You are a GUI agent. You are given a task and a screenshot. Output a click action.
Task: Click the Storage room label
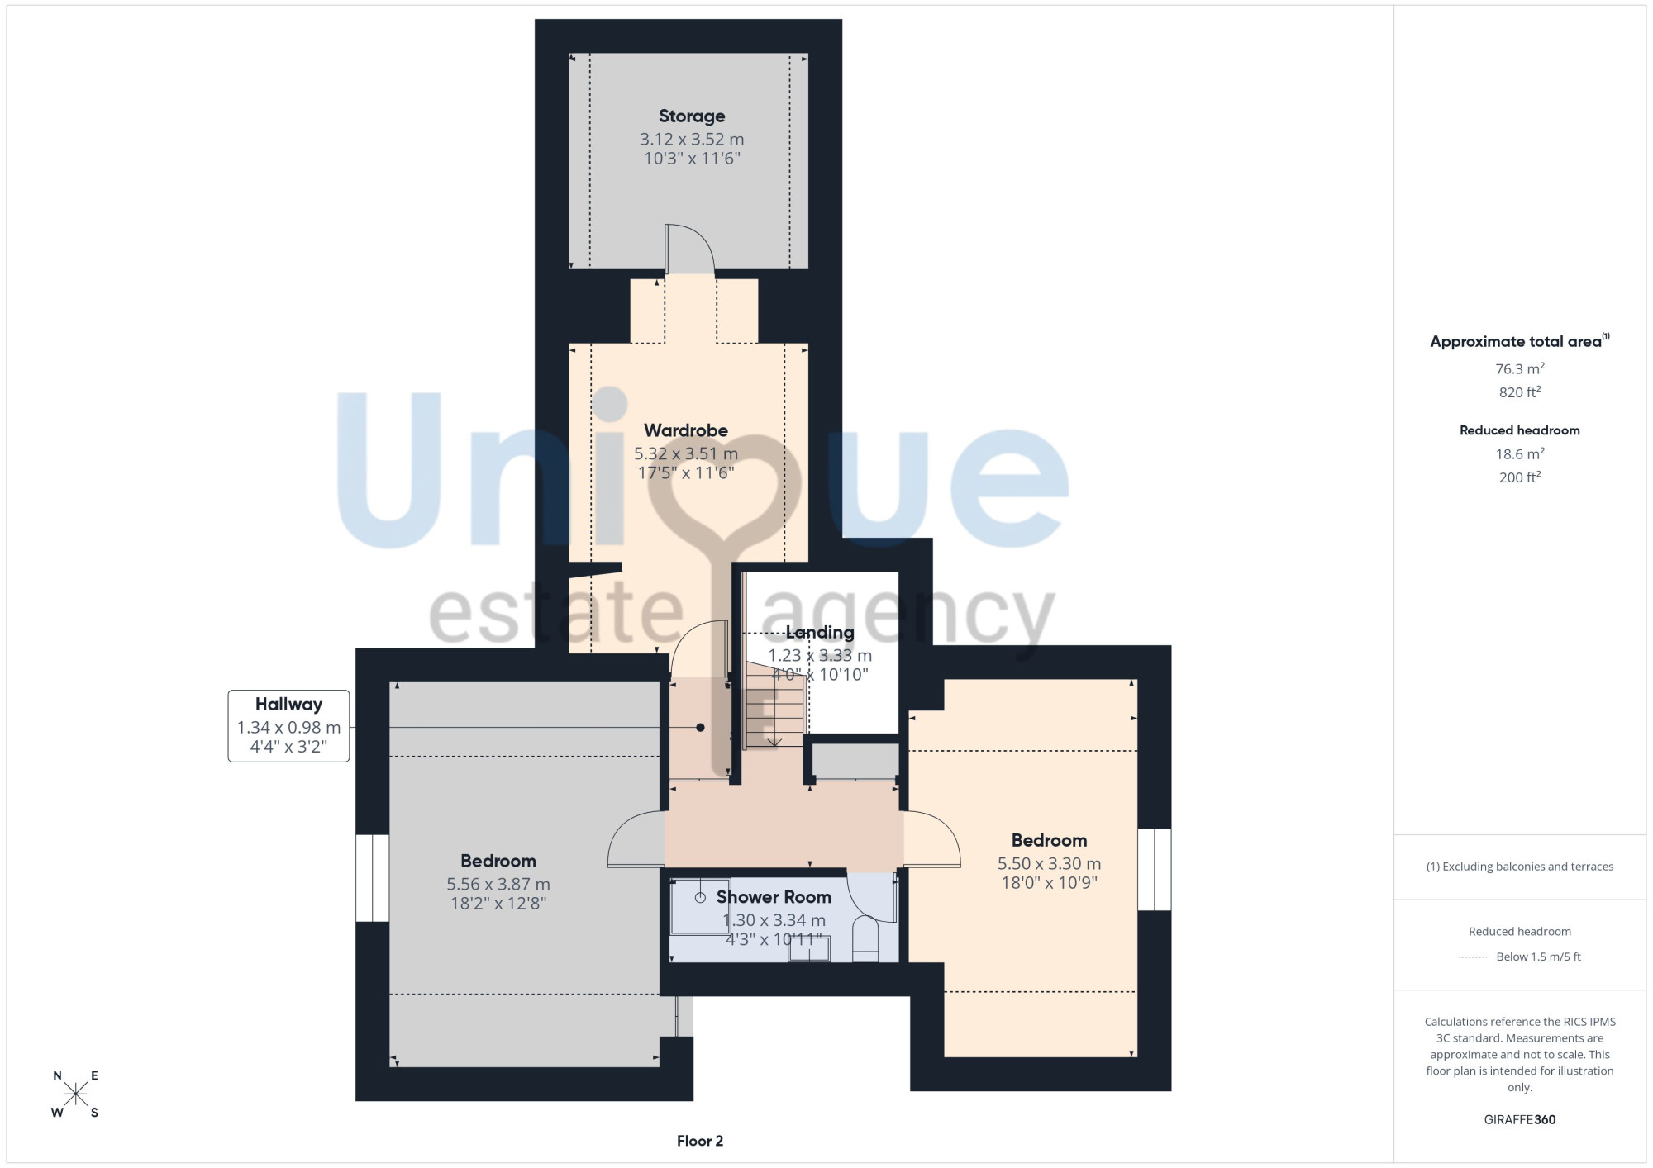click(692, 116)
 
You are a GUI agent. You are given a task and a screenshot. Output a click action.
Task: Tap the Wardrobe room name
click(686, 430)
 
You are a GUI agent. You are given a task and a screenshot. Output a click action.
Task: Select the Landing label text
click(820, 633)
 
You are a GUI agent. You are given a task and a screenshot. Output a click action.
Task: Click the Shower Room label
click(774, 897)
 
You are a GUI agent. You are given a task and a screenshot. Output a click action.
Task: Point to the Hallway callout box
click(288, 726)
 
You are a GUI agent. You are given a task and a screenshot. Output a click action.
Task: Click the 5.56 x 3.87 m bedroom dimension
click(498, 885)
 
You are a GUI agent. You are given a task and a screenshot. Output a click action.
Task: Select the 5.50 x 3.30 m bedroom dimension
click(1049, 864)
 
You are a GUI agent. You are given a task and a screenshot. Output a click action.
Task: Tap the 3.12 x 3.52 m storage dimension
click(692, 140)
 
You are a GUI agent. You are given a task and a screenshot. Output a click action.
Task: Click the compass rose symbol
click(75, 1094)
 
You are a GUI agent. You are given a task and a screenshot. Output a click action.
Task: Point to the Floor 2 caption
click(700, 1141)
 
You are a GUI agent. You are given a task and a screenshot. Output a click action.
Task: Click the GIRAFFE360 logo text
click(1520, 1120)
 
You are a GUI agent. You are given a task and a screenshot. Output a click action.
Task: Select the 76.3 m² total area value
click(1520, 368)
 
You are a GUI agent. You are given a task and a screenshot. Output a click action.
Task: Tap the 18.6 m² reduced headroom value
click(1520, 453)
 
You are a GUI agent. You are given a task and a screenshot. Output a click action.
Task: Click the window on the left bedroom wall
click(372, 878)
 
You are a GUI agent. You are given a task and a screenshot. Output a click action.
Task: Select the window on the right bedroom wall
click(1154, 870)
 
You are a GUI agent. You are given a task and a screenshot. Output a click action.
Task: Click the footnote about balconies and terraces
click(1520, 867)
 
